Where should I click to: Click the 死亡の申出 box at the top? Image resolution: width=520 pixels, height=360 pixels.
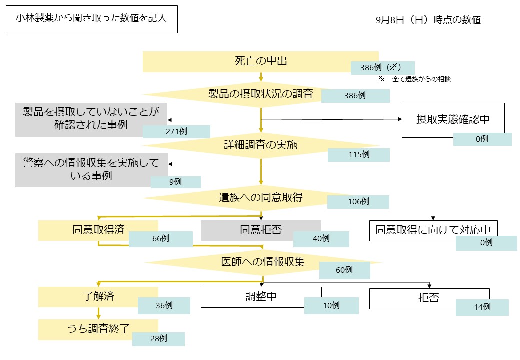click(260, 61)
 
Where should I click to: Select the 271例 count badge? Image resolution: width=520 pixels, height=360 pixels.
click(176, 131)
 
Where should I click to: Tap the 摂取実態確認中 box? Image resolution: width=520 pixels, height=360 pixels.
click(453, 120)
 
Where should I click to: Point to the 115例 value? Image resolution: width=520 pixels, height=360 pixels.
click(358, 155)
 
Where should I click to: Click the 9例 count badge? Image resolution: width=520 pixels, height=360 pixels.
click(175, 182)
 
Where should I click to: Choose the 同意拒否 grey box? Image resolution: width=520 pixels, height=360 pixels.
click(260, 230)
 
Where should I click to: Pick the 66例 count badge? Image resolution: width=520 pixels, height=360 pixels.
click(160, 239)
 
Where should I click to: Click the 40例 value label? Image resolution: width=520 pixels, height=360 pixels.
click(321, 239)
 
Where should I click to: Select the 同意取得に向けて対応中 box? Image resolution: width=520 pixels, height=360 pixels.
click(433, 230)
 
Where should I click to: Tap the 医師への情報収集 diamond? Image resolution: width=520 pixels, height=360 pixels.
click(263, 261)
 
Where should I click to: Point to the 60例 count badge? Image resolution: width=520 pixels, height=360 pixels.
click(344, 270)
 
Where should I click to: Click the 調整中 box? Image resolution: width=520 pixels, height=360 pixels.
click(261, 297)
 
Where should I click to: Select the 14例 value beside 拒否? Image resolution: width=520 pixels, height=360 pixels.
click(482, 307)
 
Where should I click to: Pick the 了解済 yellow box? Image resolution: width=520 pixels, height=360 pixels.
click(98, 296)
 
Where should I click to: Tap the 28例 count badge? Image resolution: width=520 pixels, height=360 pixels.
click(158, 339)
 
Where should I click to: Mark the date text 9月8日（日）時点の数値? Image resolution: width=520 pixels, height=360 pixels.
click(428, 20)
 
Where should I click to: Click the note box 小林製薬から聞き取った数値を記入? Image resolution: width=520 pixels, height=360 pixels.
click(91, 19)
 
